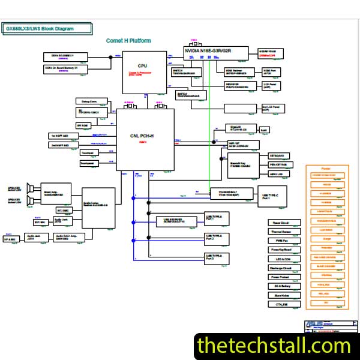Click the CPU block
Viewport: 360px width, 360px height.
coord(142,71)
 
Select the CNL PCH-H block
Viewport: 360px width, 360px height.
coord(145,137)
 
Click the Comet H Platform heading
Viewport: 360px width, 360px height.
coord(128,41)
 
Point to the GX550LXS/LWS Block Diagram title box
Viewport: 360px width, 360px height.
coord(47,28)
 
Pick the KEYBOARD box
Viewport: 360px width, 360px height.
coord(277,155)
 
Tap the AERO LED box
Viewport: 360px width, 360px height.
coord(277,174)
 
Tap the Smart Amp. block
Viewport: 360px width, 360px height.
coord(53,193)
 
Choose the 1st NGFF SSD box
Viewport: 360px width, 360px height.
coord(62,136)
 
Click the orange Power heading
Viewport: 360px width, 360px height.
coord(326,168)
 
